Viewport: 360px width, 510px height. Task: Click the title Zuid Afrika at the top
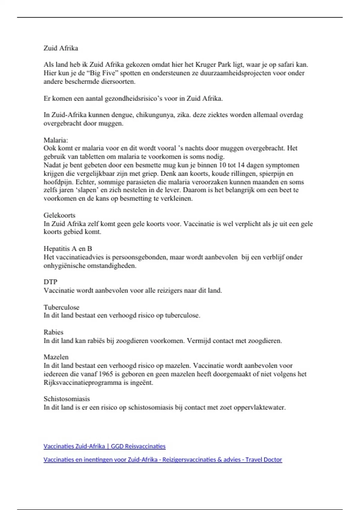(61, 48)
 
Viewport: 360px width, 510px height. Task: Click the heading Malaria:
(56, 140)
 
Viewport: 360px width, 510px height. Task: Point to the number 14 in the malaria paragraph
(241, 165)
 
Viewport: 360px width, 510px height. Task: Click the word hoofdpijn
(58, 182)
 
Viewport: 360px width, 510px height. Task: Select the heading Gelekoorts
(59, 215)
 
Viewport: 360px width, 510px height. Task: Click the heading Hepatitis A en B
(68, 248)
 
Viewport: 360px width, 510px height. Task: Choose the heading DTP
(50, 282)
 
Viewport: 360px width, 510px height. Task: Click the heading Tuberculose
(61, 307)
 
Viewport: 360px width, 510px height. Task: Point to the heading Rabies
(53, 332)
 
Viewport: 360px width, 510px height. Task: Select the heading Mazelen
(56, 357)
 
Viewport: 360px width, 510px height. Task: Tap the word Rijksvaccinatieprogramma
(78, 382)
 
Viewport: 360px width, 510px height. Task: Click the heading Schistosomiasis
(67, 399)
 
